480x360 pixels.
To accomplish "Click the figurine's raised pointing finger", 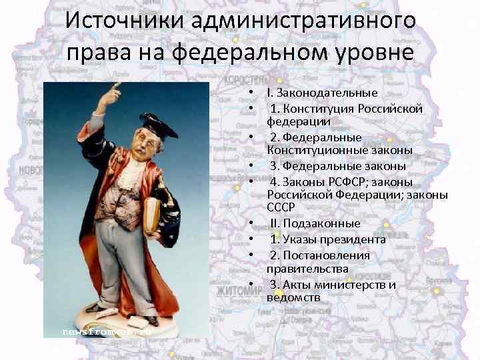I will [115, 87].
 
